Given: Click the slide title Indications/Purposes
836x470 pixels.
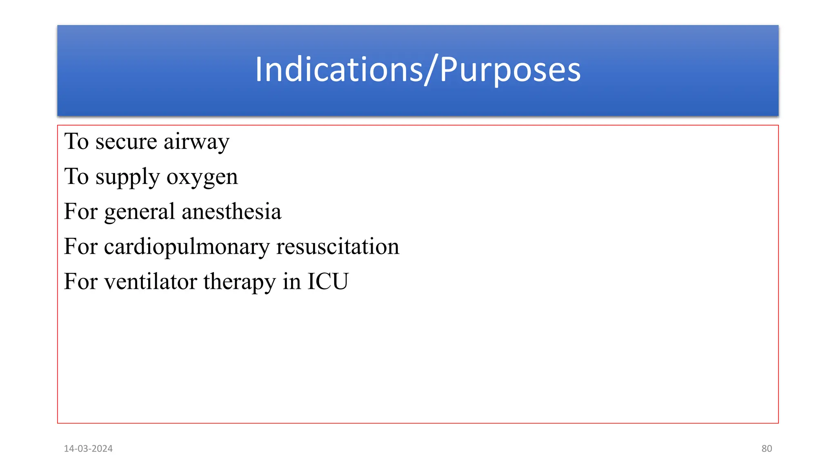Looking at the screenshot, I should tap(418, 70).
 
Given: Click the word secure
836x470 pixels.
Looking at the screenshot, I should tap(126, 142).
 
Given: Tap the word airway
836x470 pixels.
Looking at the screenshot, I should tap(196, 142).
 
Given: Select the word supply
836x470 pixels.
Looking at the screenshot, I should tap(127, 177).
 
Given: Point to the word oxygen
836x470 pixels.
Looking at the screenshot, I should tap(202, 177).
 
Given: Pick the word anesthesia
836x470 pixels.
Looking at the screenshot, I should tap(231, 212).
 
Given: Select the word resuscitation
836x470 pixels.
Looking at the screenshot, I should tap(338, 246).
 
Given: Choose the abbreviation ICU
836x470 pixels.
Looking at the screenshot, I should tap(328, 282).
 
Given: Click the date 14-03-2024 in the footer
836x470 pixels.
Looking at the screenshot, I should tap(88, 448).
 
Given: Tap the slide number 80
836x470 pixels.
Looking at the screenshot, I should tap(767, 448).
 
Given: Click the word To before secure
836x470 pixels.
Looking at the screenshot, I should tap(76, 142).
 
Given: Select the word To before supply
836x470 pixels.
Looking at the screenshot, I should tap(76, 177).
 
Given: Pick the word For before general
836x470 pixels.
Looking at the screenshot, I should tap(80, 212).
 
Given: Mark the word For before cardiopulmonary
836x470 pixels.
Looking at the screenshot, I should tap(80, 246).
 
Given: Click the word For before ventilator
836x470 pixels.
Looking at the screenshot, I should tap(80, 282).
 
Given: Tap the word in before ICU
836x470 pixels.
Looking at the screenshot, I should tap(291, 282).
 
